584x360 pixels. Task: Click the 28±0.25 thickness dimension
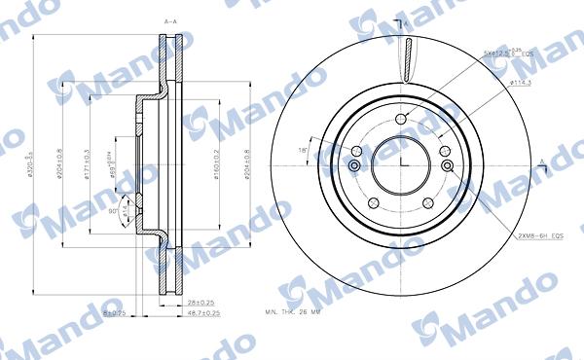[x=201, y=304]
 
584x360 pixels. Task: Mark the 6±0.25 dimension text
[x=116, y=313]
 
